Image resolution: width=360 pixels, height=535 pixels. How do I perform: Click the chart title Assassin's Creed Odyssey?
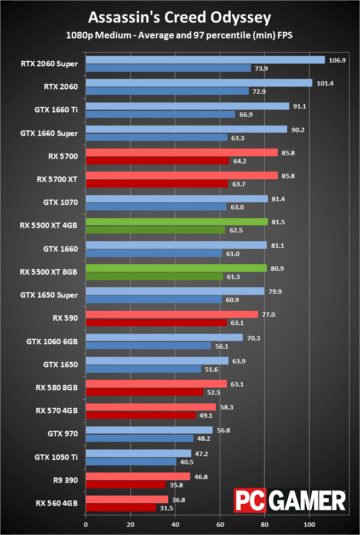(180, 18)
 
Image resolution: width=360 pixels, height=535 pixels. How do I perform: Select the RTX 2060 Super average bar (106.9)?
(205, 60)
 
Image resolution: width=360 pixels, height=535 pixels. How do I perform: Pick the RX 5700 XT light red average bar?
(181, 175)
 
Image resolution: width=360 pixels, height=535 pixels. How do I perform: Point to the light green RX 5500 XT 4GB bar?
(176, 222)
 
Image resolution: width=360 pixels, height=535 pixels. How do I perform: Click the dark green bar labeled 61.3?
(154, 277)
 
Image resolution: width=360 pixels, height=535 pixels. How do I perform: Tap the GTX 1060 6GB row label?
(52, 342)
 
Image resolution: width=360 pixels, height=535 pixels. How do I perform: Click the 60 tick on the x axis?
(220, 525)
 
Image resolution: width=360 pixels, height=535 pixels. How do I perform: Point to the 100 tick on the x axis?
(309, 525)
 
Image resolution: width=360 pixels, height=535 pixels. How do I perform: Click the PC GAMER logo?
(290, 500)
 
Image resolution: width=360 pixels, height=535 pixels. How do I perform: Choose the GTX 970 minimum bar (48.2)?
(139, 438)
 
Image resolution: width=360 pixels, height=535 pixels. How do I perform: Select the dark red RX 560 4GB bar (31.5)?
(121, 508)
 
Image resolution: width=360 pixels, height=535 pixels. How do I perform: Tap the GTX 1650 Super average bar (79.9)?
(175, 292)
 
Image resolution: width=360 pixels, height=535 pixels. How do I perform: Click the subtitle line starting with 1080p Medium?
(180, 36)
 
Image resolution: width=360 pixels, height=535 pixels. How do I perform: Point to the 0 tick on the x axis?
(86, 525)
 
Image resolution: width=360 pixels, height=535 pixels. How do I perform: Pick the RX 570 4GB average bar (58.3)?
(151, 407)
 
